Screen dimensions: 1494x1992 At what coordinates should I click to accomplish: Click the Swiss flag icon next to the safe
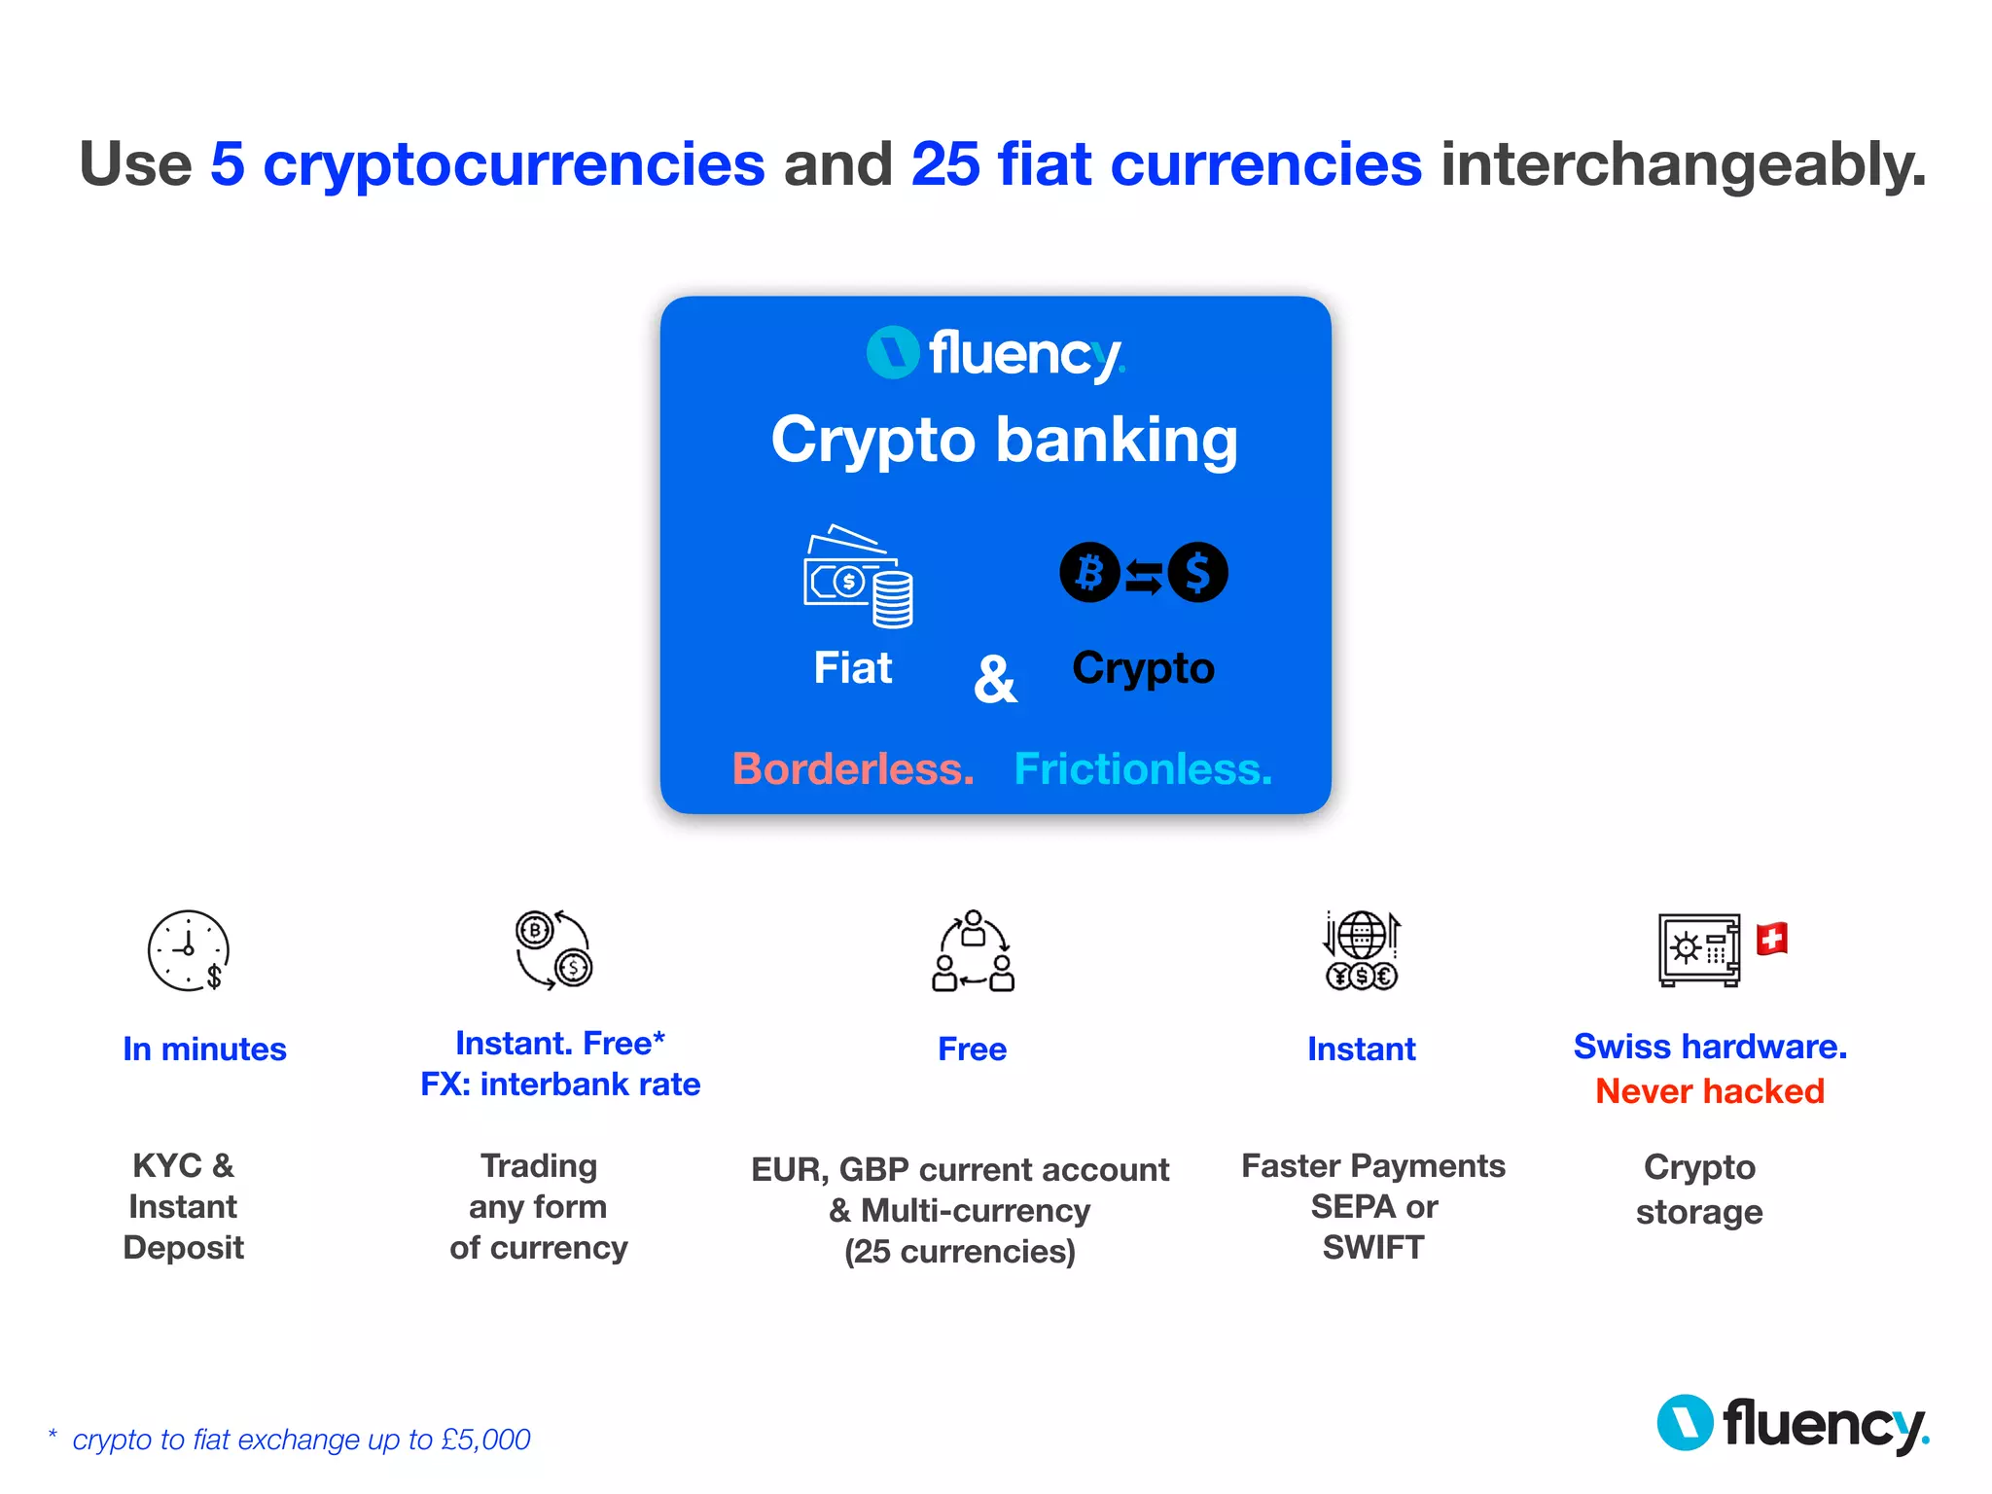pyautogui.click(x=1771, y=939)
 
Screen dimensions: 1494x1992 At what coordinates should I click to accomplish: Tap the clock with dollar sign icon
pyautogui.click(x=189, y=950)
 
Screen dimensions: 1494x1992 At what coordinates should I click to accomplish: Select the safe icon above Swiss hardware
pyautogui.click(x=1698, y=949)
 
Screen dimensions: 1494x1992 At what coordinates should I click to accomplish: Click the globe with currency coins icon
pyautogui.click(x=1362, y=950)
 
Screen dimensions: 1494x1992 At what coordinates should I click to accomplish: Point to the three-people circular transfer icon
pyautogui.click(x=973, y=951)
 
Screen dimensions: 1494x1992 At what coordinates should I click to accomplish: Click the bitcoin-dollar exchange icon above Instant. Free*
pyautogui.click(x=553, y=949)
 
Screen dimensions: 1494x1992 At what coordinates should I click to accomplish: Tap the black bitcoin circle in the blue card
pyautogui.click(x=1088, y=572)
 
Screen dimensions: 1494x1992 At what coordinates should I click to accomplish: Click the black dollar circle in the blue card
pyautogui.click(x=1197, y=572)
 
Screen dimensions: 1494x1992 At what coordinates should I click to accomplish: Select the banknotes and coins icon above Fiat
pyautogui.click(x=857, y=577)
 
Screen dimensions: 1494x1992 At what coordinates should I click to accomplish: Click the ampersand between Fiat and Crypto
pyautogui.click(x=994, y=679)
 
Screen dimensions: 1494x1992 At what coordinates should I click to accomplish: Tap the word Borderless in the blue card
pyautogui.click(x=852, y=768)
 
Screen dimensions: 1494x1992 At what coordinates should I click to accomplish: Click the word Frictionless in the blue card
pyautogui.click(x=1142, y=768)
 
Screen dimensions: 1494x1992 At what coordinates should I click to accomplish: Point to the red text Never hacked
pyautogui.click(x=1709, y=1091)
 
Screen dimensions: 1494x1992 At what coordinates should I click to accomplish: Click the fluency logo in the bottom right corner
pyautogui.click(x=1793, y=1424)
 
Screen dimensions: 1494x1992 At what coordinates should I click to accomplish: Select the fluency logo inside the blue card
pyautogui.click(x=995, y=354)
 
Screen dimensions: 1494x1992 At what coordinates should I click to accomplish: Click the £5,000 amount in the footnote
pyautogui.click(x=485, y=1440)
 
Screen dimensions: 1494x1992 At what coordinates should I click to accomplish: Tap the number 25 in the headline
pyautogui.click(x=945, y=163)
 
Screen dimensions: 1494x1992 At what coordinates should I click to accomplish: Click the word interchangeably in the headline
pyautogui.click(x=1683, y=163)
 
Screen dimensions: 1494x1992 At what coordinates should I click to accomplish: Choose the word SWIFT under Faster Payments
pyautogui.click(x=1372, y=1247)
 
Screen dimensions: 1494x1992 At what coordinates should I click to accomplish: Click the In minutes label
pyautogui.click(x=204, y=1049)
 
